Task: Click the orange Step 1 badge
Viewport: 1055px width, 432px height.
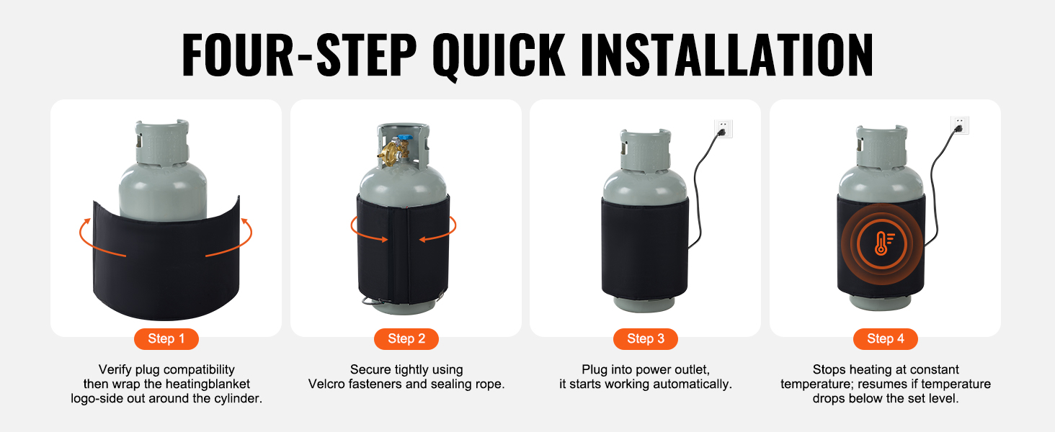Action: [x=166, y=339]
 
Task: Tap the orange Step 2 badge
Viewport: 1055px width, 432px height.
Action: [x=406, y=339]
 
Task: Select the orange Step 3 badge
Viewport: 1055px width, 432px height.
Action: [x=646, y=339]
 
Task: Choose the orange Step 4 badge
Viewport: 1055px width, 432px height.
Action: [x=886, y=339]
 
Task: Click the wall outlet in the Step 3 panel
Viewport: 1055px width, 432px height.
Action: [x=724, y=128]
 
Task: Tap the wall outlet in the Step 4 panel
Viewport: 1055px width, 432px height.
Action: [x=959, y=125]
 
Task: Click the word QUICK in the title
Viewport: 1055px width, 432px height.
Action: [x=499, y=55]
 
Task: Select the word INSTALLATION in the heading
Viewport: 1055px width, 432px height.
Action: [x=727, y=55]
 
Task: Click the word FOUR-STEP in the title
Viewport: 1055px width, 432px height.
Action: [x=299, y=55]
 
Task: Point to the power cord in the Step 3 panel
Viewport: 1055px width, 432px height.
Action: [x=698, y=188]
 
